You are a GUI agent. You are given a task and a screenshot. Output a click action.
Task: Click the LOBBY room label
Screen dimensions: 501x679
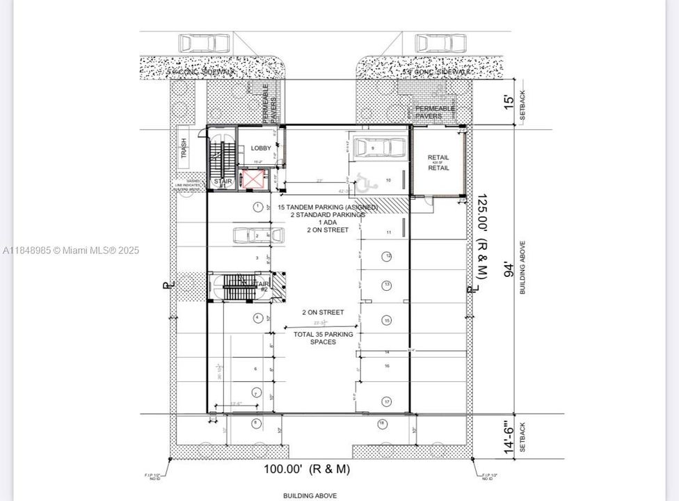pyautogui.click(x=261, y=148)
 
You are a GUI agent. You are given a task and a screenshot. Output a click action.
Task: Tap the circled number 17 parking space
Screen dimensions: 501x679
pyautogui.click(x=386, y=401)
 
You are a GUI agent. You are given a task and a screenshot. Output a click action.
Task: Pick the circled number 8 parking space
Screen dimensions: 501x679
pyautogui.click(x=256, y=422)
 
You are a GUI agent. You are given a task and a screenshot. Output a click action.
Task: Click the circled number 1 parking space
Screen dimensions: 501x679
pyautogui.click(x=257, y=207)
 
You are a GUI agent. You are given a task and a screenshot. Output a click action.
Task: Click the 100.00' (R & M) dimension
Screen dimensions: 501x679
pyautogui.click(x=306, y=469)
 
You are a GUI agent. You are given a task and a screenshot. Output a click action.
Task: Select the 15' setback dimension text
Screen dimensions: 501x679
pyautogui.click(x=510, y=101)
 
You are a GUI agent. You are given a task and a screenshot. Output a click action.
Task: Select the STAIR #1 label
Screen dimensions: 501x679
pyautogui.click(x=223, y=182)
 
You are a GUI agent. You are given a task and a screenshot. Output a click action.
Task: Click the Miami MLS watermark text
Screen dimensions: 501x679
pyautogui.click(x=70, y=250)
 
